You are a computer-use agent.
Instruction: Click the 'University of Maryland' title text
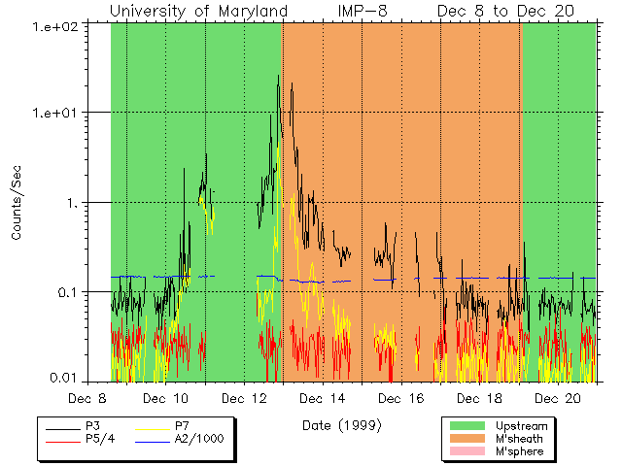click(x=198, y=11)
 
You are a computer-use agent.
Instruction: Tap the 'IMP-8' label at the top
click(x=363, y=11)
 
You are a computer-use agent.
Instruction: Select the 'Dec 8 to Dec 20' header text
click(x=505, y=11)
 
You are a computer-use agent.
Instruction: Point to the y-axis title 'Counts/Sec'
click(x=17, y=203)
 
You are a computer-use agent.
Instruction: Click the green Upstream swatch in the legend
click(x=467, y=426)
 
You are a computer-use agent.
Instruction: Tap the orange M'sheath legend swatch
click(x=467, y=439)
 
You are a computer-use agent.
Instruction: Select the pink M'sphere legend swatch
click(x=467, y=452)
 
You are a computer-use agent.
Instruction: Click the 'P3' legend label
click(x=92, y=426)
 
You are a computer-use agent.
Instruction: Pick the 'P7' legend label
click(x=182, y=426)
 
